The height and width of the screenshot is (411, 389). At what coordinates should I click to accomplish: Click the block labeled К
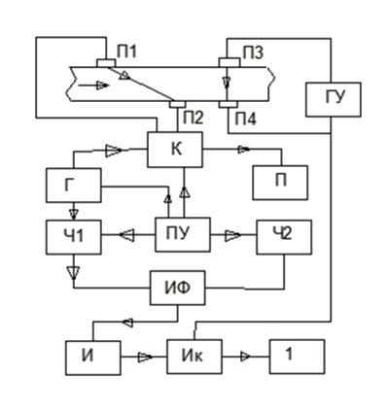[175, 150]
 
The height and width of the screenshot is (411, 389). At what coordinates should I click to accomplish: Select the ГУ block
[334, 99]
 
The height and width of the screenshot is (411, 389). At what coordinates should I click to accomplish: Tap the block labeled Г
[74, 186]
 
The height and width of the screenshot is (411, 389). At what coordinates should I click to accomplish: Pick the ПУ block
[183, 234]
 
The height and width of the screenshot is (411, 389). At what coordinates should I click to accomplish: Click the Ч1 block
[74, 237]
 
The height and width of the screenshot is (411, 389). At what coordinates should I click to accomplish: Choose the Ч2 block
[284, 237]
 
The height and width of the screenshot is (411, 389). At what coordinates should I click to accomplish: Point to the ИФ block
[178, 288]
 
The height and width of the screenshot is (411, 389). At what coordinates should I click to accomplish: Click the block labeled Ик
[194, 357]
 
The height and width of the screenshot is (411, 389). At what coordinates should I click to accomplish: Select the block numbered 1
[297, 357]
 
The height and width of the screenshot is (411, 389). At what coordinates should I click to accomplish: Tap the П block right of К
[280, 183]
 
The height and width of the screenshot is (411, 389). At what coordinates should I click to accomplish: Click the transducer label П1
[126, 52]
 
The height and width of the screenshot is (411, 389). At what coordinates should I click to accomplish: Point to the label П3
[253, 52]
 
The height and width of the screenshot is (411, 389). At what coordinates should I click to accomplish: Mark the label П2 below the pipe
[194, 118]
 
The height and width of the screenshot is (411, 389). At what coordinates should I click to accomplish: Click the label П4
[245, 120]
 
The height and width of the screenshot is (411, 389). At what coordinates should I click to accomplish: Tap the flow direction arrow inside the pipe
[93, 86]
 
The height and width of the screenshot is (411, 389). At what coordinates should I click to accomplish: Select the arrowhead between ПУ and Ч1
[126, 234]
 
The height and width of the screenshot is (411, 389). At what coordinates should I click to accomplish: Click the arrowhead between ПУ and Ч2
[232, 235]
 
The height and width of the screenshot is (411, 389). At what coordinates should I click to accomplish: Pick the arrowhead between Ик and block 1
[245, 357]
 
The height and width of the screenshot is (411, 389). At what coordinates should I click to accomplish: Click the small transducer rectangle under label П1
[106, 63]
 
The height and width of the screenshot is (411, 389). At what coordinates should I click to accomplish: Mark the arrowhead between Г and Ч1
[74, 214]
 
